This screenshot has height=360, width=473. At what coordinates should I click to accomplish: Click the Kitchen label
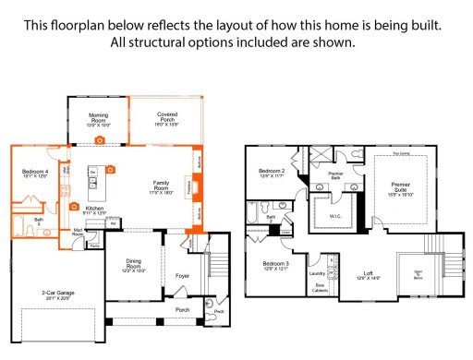[x=94, y=210]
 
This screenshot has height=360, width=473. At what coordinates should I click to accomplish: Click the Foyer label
[x=183, y=274]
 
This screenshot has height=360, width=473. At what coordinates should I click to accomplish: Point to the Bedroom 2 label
[x=270, y=172]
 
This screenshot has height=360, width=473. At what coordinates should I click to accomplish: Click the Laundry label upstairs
[x=316, y=273]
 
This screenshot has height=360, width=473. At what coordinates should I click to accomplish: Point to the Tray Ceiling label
[x=400, y=153]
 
